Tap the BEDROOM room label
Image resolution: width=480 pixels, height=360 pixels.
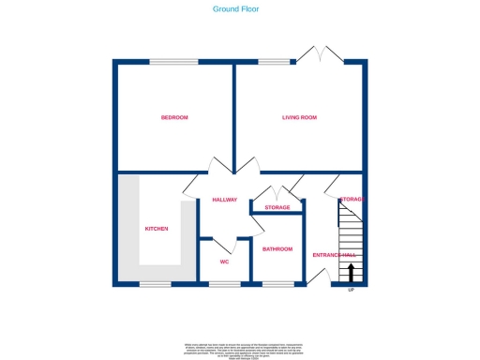click(x=174, y=117)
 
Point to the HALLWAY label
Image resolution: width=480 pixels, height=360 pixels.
click(x=225, y=200)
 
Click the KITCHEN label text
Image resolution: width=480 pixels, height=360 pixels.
click(x=156, y=229)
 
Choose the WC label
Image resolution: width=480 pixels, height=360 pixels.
click(x=225, y=262)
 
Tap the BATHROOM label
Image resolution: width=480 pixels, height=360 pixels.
click(x=277, y=248)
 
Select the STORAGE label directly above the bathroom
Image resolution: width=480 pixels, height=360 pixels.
click(x=277, y=207)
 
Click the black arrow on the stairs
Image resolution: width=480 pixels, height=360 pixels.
click(x=352, y=273)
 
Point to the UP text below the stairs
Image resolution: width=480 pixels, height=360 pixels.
click(x=352, y=291)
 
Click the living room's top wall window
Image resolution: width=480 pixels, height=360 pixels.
click(x=274, y=63)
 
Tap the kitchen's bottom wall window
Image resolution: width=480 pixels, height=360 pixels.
click(x=156, y=283)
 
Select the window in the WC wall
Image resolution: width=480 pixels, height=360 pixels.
click(x=225, y=283)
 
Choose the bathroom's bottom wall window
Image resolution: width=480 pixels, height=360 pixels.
click(x=276, y=283)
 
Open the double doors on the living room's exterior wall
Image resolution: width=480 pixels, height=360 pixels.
click(x=320, y=56)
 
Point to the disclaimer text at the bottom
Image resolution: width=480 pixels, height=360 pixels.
click(x=239, y=348)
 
